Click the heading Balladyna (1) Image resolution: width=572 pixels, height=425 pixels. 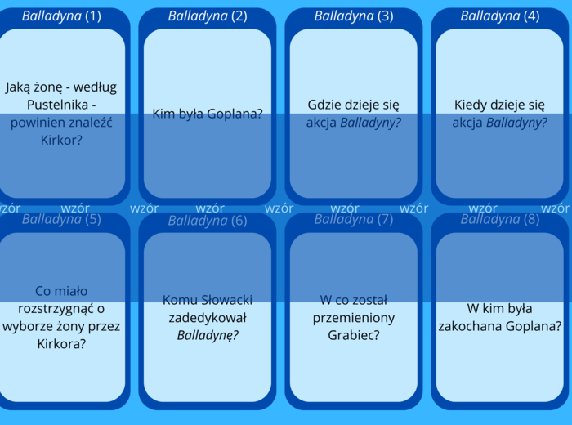pos(62,16)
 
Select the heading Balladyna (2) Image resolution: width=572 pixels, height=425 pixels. pos(208,16)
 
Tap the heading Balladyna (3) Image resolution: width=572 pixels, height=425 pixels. pos(354,16)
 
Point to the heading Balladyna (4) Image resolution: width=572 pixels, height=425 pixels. pos(500,16)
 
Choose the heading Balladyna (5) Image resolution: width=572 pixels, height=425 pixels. pos(62,219)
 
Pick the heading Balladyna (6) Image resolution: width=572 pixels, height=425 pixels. pos(208,221)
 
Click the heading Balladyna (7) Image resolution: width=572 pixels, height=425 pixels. pos(354,219)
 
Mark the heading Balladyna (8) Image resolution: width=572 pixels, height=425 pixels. pos(500,219)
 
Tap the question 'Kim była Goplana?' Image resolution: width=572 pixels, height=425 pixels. pos(208,114)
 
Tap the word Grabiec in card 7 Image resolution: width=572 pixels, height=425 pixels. pos(350,335)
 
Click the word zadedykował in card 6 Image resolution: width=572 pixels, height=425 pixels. pos(208,317)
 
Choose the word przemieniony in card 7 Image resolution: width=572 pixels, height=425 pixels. pos(354,317)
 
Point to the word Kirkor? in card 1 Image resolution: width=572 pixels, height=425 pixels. pos(61,141)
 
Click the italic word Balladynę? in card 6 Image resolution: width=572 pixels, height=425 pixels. pos(208,335)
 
